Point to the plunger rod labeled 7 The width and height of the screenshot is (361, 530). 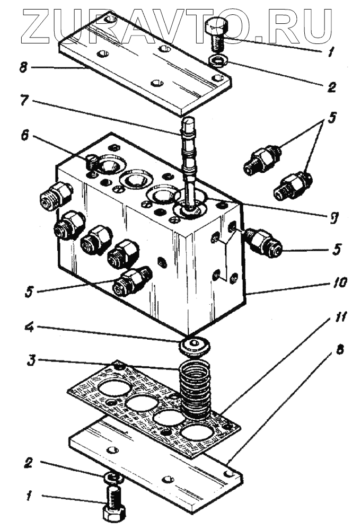[x=189, y=154]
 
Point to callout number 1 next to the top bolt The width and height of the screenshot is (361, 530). [x=332, y=51]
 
